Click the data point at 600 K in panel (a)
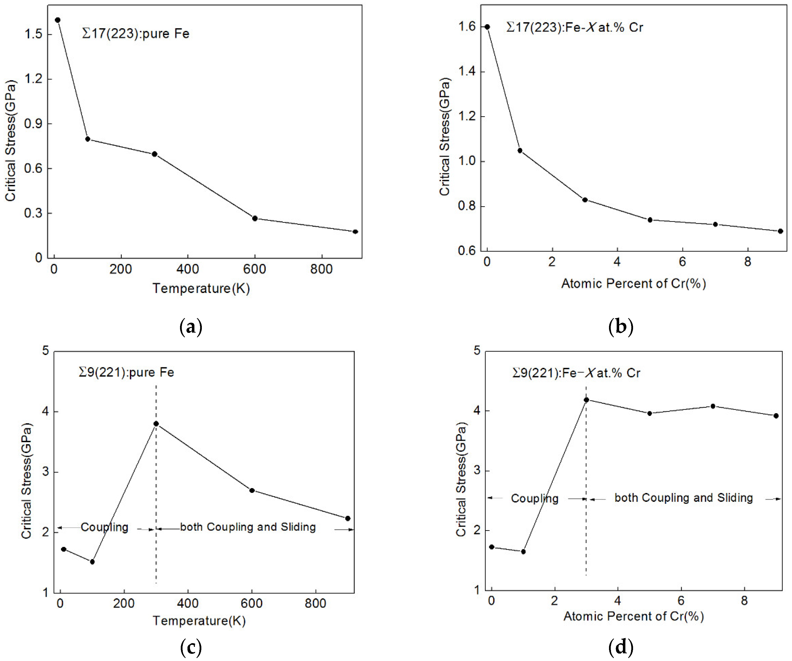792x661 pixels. point(255,218)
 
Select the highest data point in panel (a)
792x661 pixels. point(58,20)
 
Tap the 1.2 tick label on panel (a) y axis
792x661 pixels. point(33,79)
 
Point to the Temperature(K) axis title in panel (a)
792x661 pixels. point(201,288)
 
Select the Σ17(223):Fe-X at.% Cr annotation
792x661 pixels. point(574,27)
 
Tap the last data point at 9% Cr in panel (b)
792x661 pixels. point(781,231)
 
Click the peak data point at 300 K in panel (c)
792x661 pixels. point(156,424)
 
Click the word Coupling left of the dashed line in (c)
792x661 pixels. point(104,527)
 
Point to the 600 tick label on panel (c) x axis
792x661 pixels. point(251,603)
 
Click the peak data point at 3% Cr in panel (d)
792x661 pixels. point(586,400)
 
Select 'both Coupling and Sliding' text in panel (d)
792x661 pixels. point(683,498)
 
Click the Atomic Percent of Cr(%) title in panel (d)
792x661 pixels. point(634,616)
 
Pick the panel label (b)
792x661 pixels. point(621,326)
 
